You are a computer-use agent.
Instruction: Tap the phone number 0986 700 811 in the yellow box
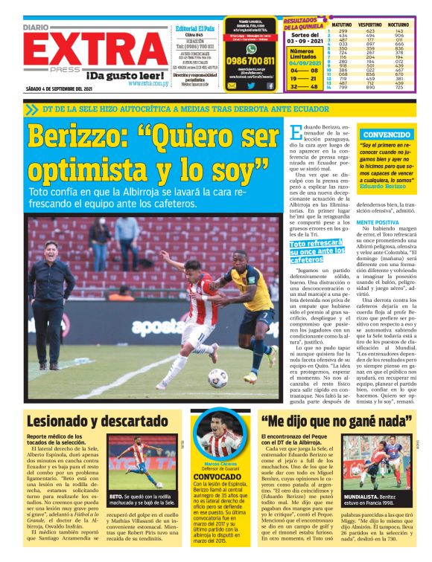(x=251, y=60)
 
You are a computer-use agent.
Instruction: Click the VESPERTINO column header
(x=369, y=25)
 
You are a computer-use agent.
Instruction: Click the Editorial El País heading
(x=195, y=28)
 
